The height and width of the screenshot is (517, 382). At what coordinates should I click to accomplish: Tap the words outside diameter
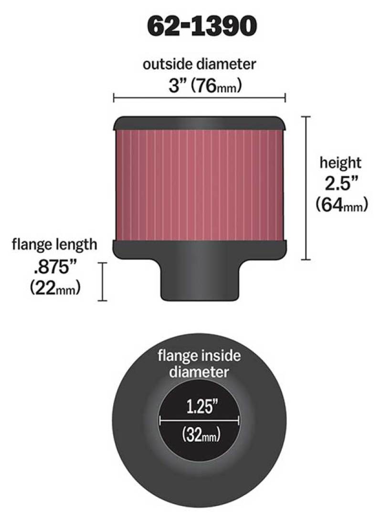pos(200,65)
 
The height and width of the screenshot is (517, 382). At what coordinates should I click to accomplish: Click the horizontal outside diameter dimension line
pos(199,98)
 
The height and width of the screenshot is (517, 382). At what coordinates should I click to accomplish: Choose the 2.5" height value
pos(340,183)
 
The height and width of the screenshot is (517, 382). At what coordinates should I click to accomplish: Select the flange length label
pos(54,245)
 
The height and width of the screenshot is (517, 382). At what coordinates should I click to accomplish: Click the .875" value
pos(54,266)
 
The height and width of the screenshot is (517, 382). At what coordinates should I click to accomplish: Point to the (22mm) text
pos(54,288)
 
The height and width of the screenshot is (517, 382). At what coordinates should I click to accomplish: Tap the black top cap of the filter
pos(200,123)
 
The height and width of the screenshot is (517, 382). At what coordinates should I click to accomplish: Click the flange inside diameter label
pos(199,364)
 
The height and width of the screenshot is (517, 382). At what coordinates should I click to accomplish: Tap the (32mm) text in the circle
pos(199,435)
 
